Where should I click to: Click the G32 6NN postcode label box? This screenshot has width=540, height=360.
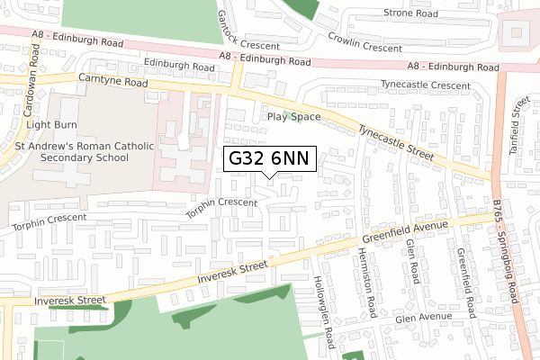click(269, 158)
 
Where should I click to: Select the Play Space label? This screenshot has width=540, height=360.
click(292, 117)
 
